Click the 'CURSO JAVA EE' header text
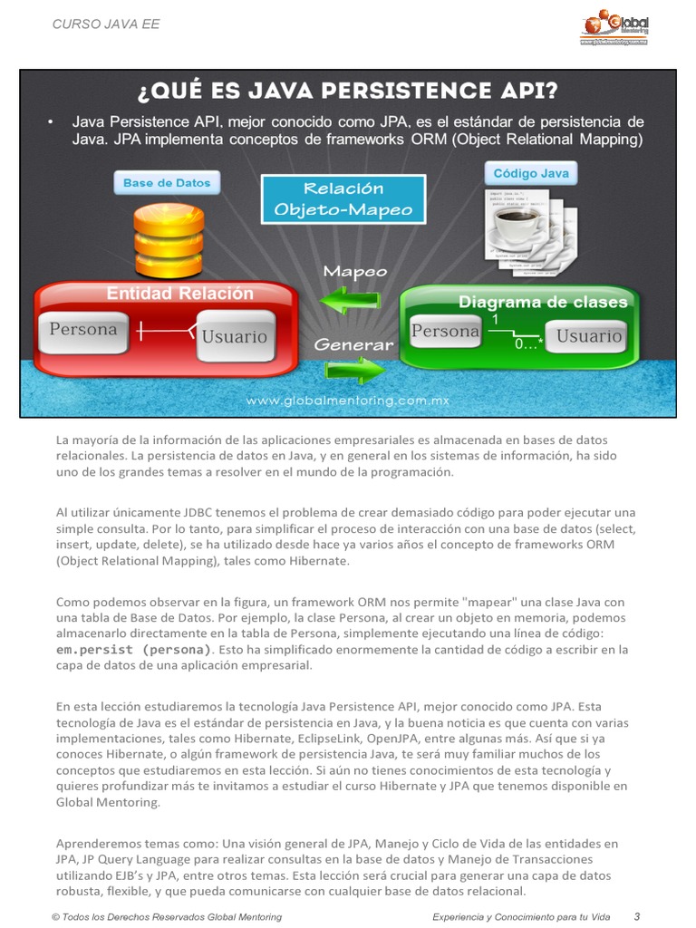tap(106, 24)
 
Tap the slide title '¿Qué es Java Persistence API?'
tap(347, 92)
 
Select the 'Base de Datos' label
tap(167, 183)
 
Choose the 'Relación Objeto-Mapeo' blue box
tap(343, 199)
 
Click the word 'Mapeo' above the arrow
tap(355, 271)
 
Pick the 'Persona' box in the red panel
tap(83, 331)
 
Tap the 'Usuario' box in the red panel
tap(235, 336)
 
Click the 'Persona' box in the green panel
tap(445, 332)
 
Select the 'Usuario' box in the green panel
tap(589, 336)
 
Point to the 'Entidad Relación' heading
tap(180, 294)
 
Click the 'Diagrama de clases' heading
tap(543, 302)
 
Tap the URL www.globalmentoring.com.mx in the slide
tap(348, 400)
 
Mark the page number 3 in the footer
tap(637, 916)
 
